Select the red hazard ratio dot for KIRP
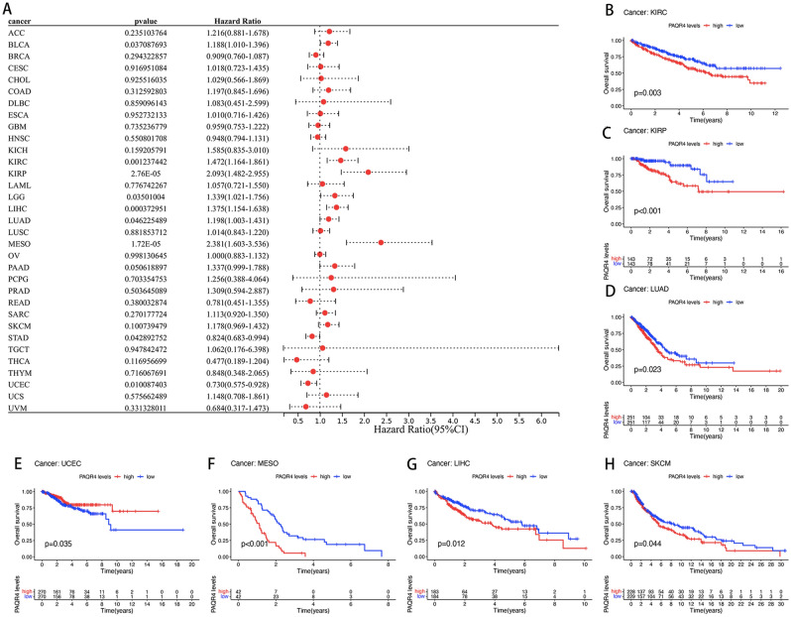coord(368,172)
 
